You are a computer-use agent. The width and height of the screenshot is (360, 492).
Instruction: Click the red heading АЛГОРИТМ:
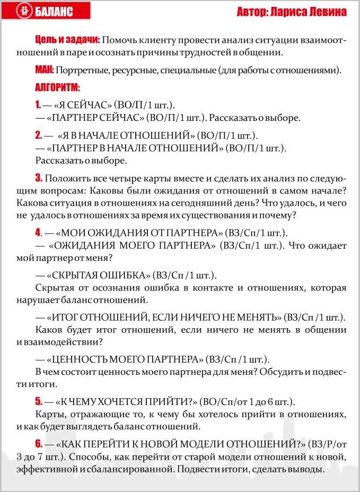tap(57, 87)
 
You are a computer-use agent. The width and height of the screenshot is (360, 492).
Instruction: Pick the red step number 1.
tap(38, 104)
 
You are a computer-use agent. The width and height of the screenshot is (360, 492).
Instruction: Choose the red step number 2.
tap(38, 135)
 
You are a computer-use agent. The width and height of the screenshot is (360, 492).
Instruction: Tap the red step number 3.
tap(38, 177)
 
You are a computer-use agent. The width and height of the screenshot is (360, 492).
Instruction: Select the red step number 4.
tap(38, 232)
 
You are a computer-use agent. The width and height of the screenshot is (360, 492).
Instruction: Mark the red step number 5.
tap(38, 401)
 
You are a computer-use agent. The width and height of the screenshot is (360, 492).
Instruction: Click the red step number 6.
tap(38, 443)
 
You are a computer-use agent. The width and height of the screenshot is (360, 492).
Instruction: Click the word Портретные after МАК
tap(81, 70)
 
